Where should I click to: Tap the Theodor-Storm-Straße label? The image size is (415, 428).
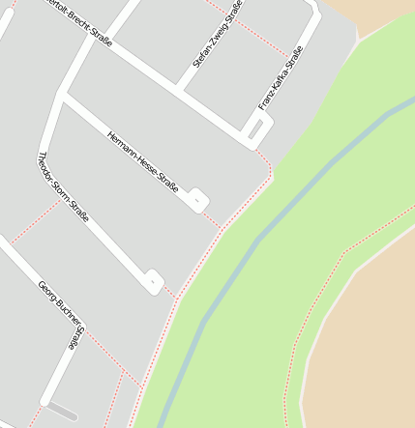click(62, 186)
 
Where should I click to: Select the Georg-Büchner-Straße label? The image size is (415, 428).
click(60, 313)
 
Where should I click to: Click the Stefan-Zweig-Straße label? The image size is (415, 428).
click(218, 34)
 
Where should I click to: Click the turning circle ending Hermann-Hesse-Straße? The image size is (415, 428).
click(197, 200)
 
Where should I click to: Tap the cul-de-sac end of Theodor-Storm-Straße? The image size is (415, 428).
click(153, 281)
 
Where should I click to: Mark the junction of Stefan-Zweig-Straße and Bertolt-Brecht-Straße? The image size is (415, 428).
click(178, 89)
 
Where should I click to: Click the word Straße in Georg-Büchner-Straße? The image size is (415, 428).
click(74, 337)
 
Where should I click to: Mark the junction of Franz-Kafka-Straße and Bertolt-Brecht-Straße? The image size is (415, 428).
click(246, 133)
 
